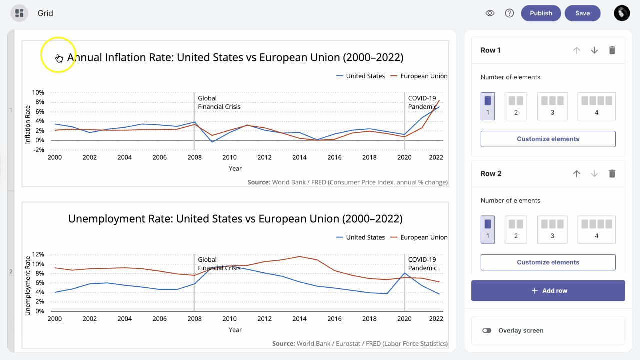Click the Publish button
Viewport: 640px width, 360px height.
(x=541, y=13)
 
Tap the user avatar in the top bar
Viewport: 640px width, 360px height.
(x=622, y=13)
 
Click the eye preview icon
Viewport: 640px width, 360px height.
(x=490, y=13)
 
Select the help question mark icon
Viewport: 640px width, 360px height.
(x=509, y=13)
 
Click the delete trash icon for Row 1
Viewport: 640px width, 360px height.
(x=612, y=50)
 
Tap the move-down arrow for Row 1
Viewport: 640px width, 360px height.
(x=594, y=50)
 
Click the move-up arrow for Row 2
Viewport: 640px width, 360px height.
(x=577, y=174)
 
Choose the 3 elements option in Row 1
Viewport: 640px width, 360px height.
(x=552, y=106)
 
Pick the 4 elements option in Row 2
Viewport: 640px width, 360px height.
(x=596, y=229)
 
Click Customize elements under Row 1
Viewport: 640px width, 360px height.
(x=548, y=139)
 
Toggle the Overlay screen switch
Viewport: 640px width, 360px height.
(x=487, y=330)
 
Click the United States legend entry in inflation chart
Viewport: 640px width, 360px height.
(x=360, y=76)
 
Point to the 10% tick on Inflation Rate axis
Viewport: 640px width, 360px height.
(x=38, y=93)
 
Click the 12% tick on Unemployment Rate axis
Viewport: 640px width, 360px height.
(x=38, y=254)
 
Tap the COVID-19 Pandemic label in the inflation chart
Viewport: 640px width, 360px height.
(x=422, y=102)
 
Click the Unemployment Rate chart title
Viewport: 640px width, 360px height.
(x=235, y=219)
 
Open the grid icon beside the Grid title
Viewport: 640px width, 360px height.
(x=19, y=13)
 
